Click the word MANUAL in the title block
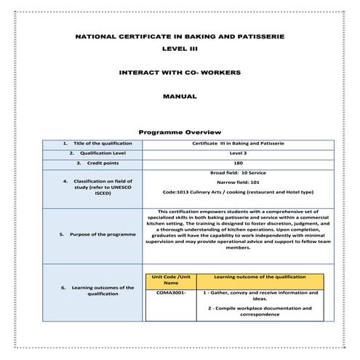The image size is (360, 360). click(180, 96)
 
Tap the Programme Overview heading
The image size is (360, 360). click(179, 132)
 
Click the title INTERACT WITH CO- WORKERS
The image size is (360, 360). click(180, 73)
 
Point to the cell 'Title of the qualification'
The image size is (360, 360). click(93, 143)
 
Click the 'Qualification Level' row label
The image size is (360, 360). click(93, 153)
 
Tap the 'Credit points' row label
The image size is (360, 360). click(93, 164)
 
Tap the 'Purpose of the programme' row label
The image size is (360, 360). click(93, 235)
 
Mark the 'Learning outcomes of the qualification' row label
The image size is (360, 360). click(93, 291)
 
